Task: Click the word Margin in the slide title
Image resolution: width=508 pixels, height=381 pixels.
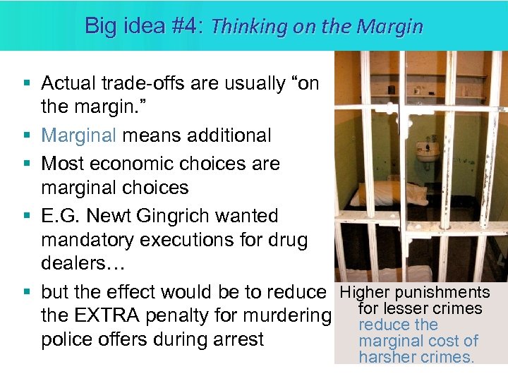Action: coord(390,27)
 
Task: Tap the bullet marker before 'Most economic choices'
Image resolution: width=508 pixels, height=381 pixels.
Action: coord(26,163)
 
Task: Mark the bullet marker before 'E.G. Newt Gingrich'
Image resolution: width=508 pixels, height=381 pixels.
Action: coord(26,215)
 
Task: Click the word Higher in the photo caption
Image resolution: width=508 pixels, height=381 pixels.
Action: coord(365,293)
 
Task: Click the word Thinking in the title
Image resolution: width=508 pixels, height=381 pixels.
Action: coord(243,27)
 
